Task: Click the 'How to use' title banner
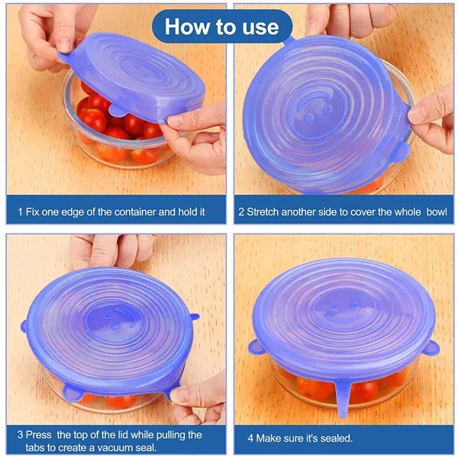222,27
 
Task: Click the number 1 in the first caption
21,210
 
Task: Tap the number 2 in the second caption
241,210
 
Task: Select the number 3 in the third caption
21,434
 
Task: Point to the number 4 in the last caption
250,439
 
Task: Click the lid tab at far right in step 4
432,348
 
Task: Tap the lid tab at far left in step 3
24,326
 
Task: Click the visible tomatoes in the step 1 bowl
114,126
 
